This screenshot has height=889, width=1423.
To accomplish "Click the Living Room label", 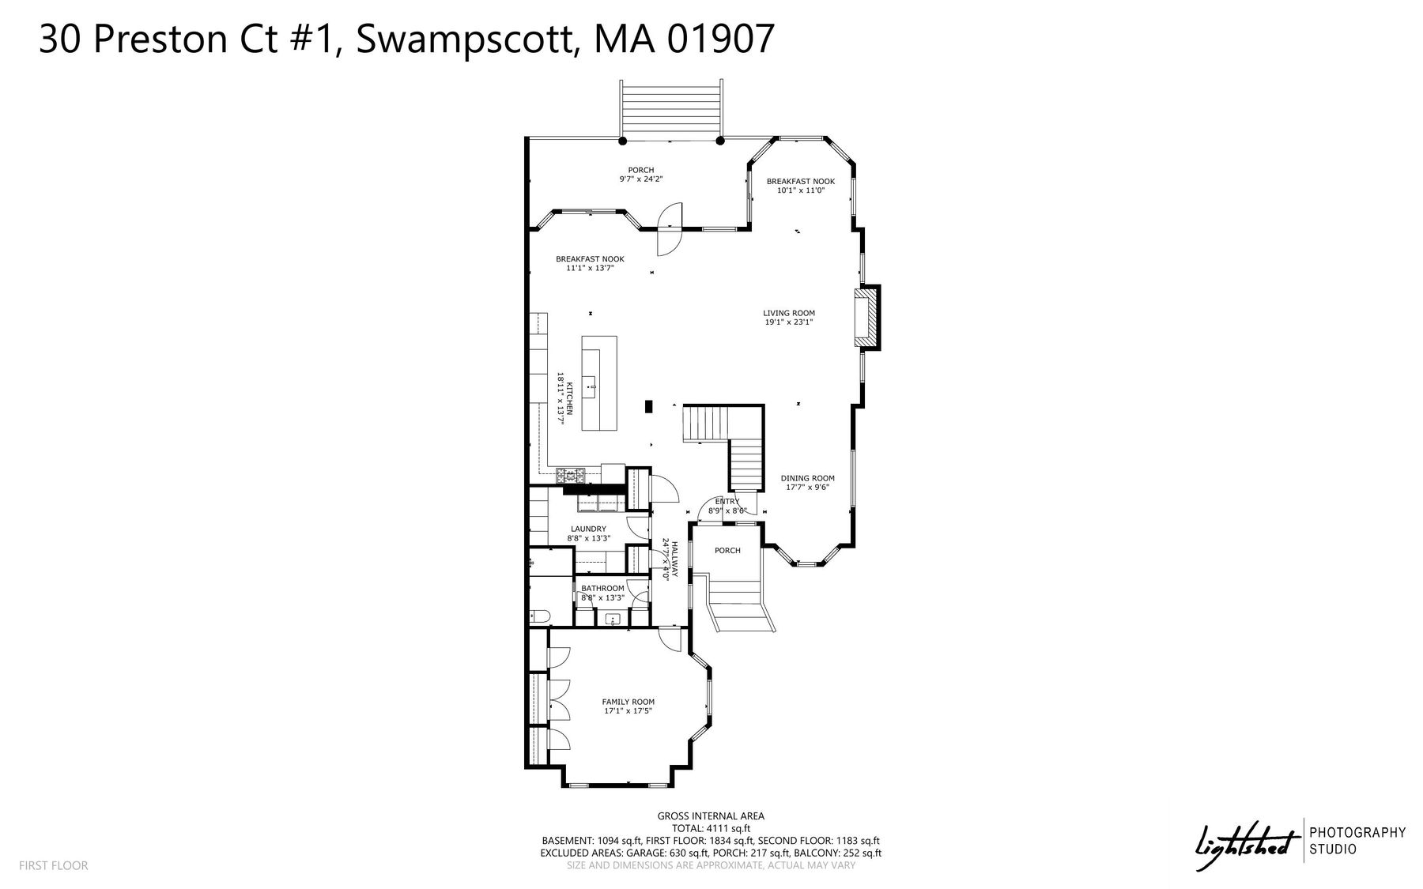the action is tap(789, 313).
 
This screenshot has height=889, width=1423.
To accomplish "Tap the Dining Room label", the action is tap(807, 478).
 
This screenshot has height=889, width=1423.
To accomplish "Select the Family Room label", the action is tap(628, 702).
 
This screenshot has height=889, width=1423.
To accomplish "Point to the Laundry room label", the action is tap(588, 529).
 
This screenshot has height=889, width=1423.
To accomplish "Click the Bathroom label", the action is tap(602, 588).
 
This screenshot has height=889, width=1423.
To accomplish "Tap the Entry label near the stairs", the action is tap(727, 501).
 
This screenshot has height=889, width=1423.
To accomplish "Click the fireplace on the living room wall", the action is tap(866, 318).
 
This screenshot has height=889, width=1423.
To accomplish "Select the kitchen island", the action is tap(599, 383).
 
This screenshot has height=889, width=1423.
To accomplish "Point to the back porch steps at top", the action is tap(671, 109).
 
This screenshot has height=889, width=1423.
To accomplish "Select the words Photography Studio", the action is tap(1358, 841).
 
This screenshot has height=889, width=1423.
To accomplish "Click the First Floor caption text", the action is tap(54, 865).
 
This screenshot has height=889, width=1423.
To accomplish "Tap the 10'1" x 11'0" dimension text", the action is tap(800, 190).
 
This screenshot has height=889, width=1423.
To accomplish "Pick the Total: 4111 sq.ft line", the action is tap(711, 829).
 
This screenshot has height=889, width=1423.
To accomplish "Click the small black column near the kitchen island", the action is tap(648, 407).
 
